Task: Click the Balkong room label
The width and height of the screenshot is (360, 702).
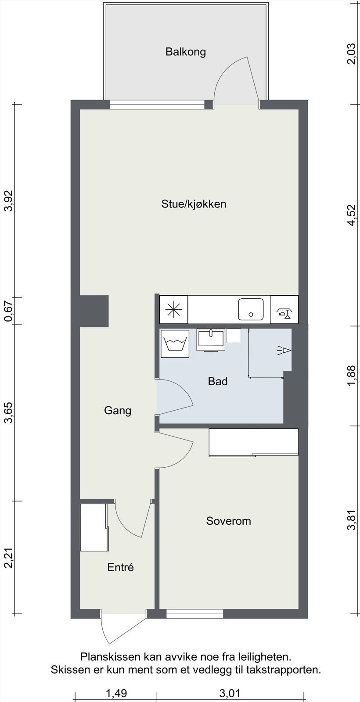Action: (x=185, y=52)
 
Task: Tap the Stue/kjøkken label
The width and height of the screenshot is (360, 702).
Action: (x=194, y=204)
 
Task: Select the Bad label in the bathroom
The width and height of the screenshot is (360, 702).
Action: (x=218, y=381)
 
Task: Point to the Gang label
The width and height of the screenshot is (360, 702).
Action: (x=118, y=411)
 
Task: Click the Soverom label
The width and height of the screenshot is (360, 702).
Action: (x=228, y=521)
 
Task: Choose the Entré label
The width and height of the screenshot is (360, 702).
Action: (x=120, y=567)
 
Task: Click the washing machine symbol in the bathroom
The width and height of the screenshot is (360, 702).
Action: (x=175, y=341)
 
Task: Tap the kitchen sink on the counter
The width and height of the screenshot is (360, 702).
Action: (x=251, y=309)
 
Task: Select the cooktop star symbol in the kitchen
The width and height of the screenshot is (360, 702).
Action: (x=173, y=309)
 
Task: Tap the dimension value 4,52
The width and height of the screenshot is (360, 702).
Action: (x=351, y=215)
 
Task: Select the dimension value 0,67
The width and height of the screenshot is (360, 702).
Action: (x=8, y=310)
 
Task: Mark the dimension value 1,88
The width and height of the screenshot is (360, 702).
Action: (x=351, y=376)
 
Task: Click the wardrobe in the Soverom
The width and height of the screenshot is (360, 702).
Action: (x=254, y=442)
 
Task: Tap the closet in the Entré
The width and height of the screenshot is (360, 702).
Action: (x=94, y=527)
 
